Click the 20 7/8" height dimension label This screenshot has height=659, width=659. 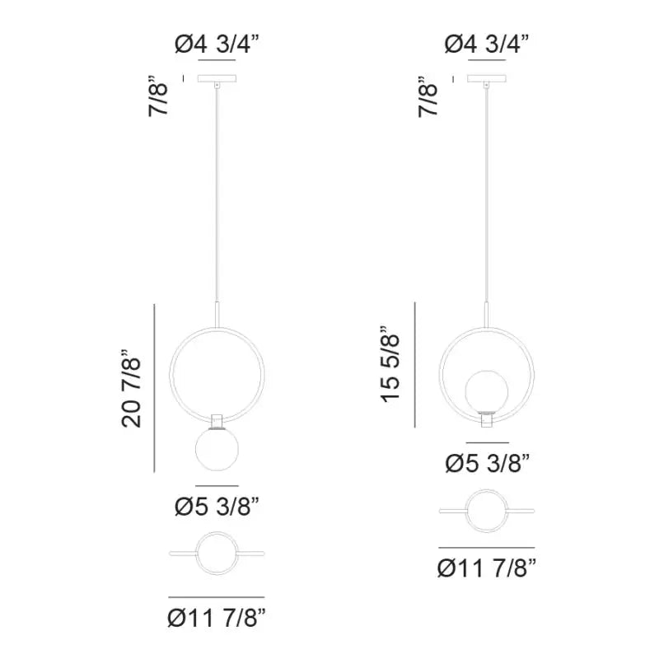coord(131,388)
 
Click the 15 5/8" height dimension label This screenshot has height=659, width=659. coord(390,363)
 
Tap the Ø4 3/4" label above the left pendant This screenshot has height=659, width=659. coord(217,44)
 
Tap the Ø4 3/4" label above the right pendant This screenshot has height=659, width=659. coord(487,44)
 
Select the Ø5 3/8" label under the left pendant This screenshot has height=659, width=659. coord(217,506)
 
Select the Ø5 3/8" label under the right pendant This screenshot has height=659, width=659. coord(488,463)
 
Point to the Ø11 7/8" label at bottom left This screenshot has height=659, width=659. coord(217,617)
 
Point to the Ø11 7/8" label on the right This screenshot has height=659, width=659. coord(487,568)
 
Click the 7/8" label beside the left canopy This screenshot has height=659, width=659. coord(158,96)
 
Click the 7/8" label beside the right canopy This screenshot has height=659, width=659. coord(428,96)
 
